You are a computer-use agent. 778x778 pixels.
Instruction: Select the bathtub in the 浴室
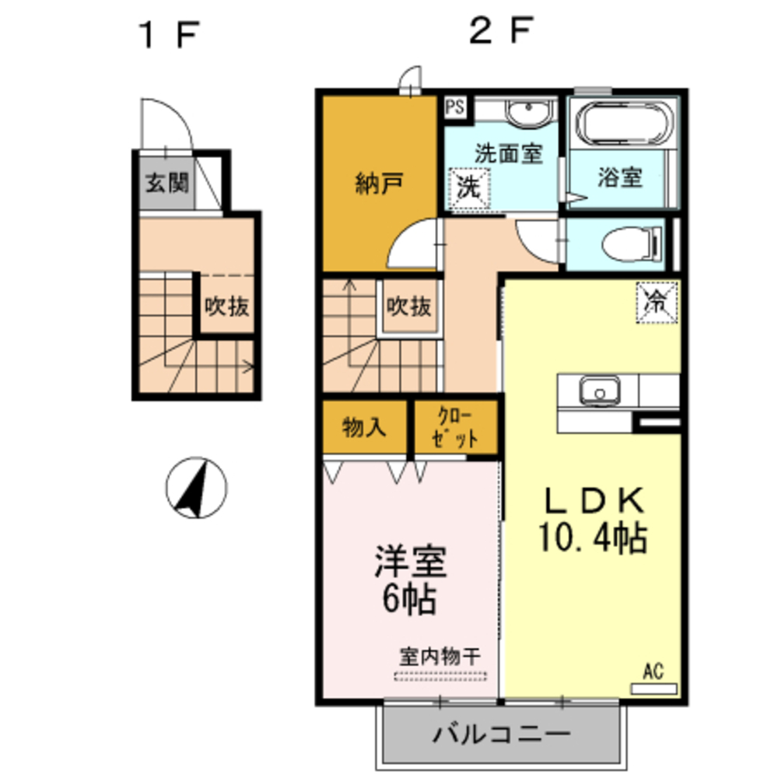click(x=624, y=126)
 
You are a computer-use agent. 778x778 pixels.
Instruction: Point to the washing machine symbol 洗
click(x=468, y=187)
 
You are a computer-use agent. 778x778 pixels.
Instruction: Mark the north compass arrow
click(x=195, y=489)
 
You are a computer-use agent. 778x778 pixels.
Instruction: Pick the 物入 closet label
click(x=364, y=427)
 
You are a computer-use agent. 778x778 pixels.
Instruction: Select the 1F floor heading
click(x=168, y=35)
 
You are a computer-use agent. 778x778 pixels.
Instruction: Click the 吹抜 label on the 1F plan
click(x=227, y=307)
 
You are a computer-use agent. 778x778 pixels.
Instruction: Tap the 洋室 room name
click(x=411, y=563)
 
